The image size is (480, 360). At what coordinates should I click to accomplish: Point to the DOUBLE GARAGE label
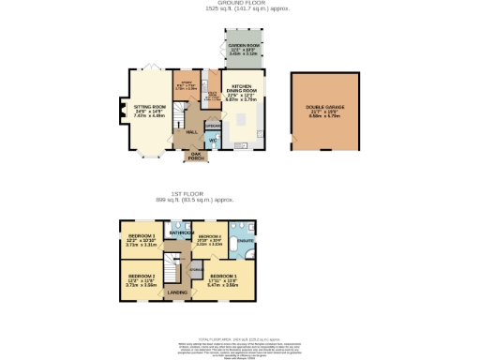coord(324,108)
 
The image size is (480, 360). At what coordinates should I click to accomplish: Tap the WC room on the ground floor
coord(212,140)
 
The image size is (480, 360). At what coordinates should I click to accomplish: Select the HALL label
coord(191,132)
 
